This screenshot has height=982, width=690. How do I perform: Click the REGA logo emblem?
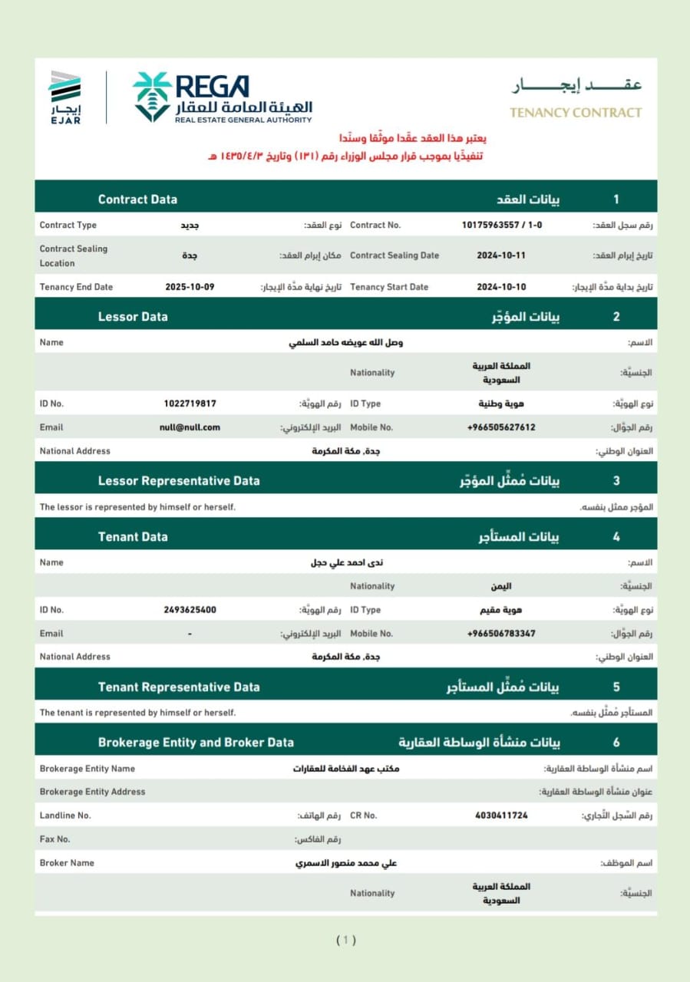point(151,97)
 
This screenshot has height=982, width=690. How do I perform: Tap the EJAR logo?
point(64,97)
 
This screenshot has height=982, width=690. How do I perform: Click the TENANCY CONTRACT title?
point(576,112)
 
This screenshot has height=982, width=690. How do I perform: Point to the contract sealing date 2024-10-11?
point(501,255)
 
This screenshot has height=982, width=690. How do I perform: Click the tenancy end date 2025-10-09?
point(190,287)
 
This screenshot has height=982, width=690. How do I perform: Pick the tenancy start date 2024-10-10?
point(501,287)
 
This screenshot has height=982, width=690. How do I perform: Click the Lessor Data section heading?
point(133,317)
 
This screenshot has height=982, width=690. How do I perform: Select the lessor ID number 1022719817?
point(190,404)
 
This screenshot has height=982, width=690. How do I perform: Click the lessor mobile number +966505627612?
point(501,427)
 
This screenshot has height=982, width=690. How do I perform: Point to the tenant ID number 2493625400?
point(190,610)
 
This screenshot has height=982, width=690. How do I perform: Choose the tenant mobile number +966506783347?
point(501,634)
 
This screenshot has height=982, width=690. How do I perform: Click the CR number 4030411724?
point(501,816)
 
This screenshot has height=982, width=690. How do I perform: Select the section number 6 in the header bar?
point(616,743)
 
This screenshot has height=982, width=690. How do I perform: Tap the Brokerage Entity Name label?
point(87,769)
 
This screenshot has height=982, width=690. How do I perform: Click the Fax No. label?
point(54,839)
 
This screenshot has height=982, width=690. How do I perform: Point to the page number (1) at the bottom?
point(346,940)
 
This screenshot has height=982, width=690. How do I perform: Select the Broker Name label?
point(67,863)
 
